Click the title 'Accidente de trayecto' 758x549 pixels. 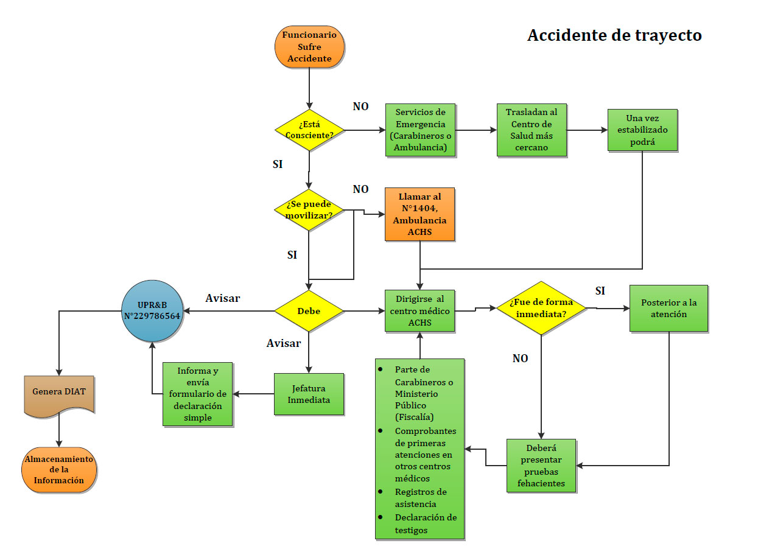click(x=614, y=36)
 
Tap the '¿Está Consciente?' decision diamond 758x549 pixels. click(x=309, y=130)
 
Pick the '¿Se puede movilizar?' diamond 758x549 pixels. click(x=309, y=210)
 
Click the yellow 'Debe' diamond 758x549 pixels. click(x=309, y=311)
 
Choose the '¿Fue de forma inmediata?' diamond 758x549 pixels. click(x=541, y=308)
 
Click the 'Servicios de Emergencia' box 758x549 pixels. click(x=420, y=130)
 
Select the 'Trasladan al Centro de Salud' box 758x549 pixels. click(x=531, y=130)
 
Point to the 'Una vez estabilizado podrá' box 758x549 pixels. click(x=642, y=130)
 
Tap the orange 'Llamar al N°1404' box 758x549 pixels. click(x=419, y=214)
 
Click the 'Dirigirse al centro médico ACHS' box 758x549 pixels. click(x=419, y=310)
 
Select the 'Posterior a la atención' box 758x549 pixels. click(x=669, y=308)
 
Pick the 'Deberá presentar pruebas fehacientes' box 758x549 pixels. click(x=541, y=466)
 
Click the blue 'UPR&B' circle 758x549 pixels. click(x=152, y=311)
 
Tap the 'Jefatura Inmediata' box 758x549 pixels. click(x=309, y=394)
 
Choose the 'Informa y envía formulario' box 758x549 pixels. click(x=198, y=394)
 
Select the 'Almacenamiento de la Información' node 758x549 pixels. click(x=59, y=469)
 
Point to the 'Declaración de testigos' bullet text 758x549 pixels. click(x=425, y=523)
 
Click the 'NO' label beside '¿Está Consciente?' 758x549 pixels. click(x=360, y=107)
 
